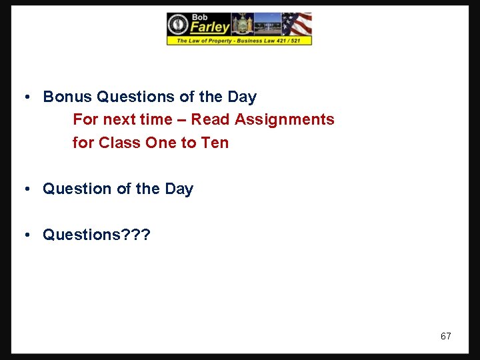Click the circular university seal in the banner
tap(178, 25)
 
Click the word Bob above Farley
tap(200, 17)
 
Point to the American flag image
tap(296, 24)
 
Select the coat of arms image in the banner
tap(241, 24)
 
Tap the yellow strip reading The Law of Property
tap(239, 41)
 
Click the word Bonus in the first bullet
tap(67, 97)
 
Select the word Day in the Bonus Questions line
tap(242, 97)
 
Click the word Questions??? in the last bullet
tap(97, 235)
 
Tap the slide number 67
tap(445, 336)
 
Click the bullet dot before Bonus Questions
tap(25, 97)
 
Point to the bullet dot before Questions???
tap(25, 235)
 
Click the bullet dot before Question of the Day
tap(25, 189)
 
